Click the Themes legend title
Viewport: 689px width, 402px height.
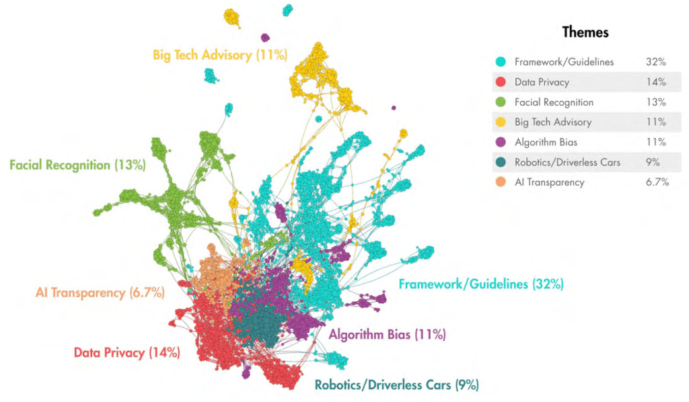point(585,32)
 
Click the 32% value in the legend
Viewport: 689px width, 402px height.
point(655,62)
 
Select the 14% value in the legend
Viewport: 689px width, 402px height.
point(655,82)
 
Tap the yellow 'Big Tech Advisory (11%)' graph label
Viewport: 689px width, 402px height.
point(220,54)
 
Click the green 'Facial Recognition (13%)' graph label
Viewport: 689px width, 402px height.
point(77,165)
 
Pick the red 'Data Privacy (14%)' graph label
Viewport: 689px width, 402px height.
point(126,352)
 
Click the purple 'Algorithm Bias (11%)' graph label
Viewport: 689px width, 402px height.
point(387,334)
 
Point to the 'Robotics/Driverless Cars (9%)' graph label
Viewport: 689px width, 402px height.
point(396,385)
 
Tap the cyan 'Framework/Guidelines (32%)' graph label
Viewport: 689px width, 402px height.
point(481,284)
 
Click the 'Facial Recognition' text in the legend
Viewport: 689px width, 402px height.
point(554,102)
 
